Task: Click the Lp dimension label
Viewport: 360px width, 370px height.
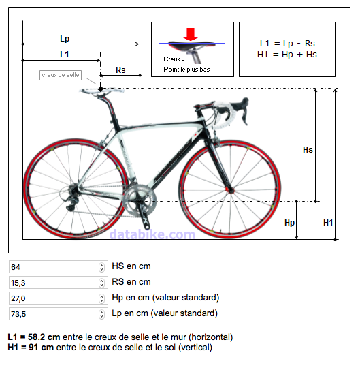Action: (x=65, y=38)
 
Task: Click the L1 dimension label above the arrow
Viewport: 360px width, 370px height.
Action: (x=65, y=55)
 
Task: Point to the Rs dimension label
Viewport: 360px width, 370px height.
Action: (x=120, y=70)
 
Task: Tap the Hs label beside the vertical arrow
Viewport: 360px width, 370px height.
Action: (x=308, y=150)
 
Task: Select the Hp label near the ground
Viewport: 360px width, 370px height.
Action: (x=289, y=223)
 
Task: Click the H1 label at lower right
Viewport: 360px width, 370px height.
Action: (x=328, y=223)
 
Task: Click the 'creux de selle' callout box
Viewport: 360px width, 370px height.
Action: (x=61, y=75)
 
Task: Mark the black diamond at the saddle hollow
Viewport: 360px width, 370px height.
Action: (x=101, y=89)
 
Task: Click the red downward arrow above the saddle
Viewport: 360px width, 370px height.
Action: (x=191, y=34)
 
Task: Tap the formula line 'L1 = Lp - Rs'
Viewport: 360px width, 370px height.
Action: (x=287, y=44)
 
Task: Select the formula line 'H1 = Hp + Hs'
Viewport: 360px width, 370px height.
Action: (x=287, y=55)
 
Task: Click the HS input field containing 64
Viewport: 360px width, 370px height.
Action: (x=59, y=267)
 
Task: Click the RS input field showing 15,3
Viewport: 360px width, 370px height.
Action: (x=59, y=283)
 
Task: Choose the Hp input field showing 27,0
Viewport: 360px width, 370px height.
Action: (x=59, y=298)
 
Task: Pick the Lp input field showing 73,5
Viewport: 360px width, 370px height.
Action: (x=59, y=314)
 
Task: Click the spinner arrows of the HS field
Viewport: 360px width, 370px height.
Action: (x=101, y=267)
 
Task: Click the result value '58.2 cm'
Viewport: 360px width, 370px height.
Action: (x=44, y=337)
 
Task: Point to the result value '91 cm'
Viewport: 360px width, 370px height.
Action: (x=42, y=347)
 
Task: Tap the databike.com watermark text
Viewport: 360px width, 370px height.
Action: (x=152, y=234)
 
